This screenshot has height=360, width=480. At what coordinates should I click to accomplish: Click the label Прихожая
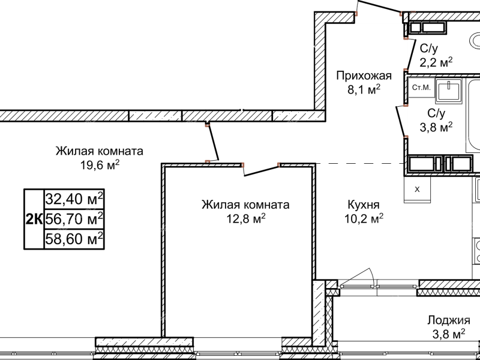tap(364, 76)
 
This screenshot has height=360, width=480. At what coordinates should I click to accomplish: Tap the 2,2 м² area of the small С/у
tap(436, 61)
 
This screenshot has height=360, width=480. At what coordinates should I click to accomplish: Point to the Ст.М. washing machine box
tap(421, 88)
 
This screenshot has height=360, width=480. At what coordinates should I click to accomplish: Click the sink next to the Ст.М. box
tap(447, 90)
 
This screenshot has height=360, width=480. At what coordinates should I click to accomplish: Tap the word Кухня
tap(363, 204)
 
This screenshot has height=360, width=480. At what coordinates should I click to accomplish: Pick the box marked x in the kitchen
tap(418, 188)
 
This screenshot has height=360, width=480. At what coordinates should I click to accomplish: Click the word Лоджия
tap(449, 320)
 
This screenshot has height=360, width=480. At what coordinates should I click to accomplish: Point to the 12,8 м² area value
tap(246, 220)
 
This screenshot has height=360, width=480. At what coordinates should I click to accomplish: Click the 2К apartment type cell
tap(34, 219)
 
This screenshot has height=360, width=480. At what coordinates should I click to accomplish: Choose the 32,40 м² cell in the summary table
tap(74, 197)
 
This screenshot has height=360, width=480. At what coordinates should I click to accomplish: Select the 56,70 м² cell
tap(74, 218)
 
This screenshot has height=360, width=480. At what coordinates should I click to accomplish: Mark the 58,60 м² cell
tap(74, 239)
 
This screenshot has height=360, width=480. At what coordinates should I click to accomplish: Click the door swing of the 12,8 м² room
tap(260, 170)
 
